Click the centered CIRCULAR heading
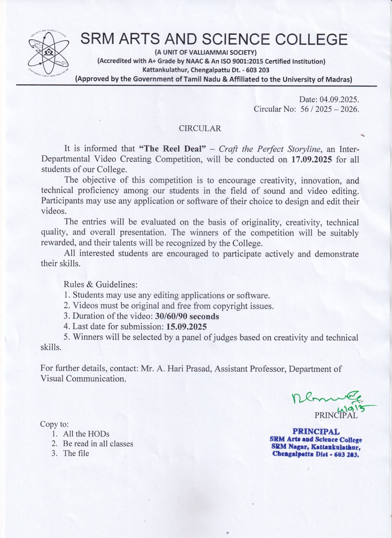[x=200, y=128]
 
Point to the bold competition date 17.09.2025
[x=311, y=159]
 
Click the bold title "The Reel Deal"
[x=172, y=149]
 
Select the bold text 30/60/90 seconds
[x=187, y=316]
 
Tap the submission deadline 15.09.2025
[x=187, y=326]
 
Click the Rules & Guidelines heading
[x=101, y=284]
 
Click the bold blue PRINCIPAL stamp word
[x=316, y=431]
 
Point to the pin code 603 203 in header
[x=258, y=70]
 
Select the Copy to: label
[x=54, y=424]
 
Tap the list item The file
[x=76, y=453]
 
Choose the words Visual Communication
[x=83, y=379]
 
